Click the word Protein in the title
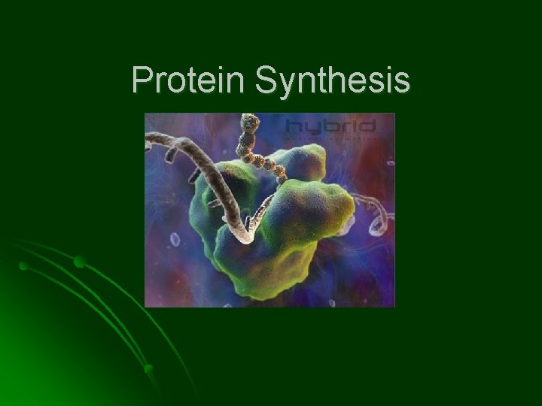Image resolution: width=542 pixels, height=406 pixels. click(x=189, y=80)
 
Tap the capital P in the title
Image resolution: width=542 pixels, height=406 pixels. click(x=141, y=80)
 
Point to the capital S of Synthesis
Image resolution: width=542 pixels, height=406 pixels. click(x=265, y=80)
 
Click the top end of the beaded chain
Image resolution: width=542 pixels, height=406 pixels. click(x=246, y=118)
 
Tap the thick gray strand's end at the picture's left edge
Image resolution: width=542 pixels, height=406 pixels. click(x=148, y=139)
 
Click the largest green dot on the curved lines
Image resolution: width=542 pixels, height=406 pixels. click(x=79, y=262)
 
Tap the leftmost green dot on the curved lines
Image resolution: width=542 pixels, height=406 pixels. click(x=23, y=266)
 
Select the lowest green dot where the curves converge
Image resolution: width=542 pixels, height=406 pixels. click(x=148, y=368)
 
